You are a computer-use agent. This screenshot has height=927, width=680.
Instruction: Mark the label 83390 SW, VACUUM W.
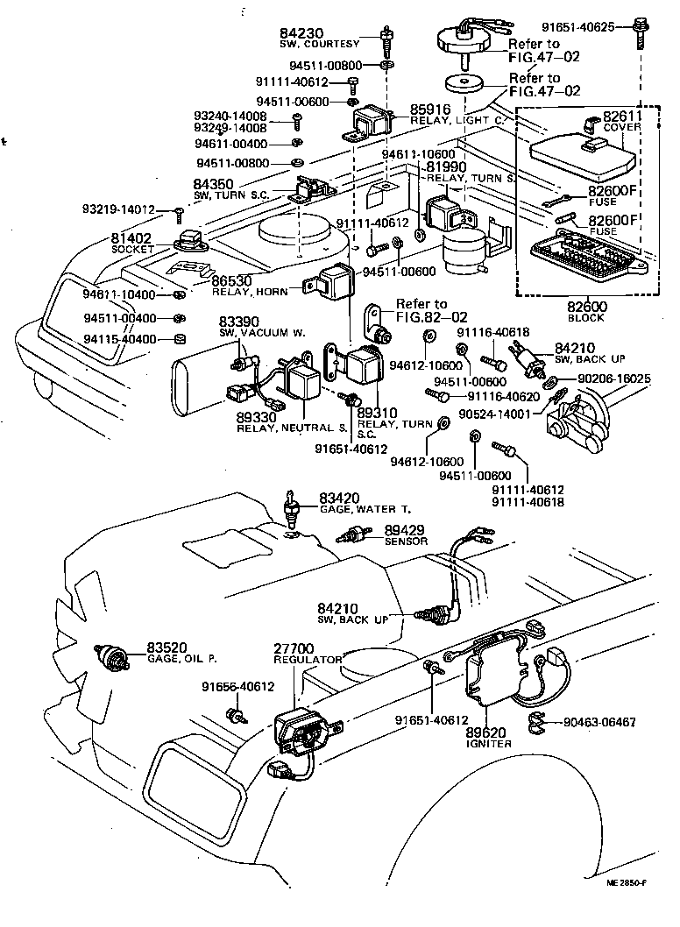(240, 327)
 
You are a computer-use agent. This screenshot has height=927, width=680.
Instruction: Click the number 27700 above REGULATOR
(299, 647)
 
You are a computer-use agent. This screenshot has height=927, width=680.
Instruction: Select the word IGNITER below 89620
(488, 744)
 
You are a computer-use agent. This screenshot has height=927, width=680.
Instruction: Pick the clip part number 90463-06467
(599, 724)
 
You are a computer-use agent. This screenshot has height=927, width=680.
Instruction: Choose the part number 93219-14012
(118, 210)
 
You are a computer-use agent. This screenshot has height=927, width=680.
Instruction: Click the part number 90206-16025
(613, 379)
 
